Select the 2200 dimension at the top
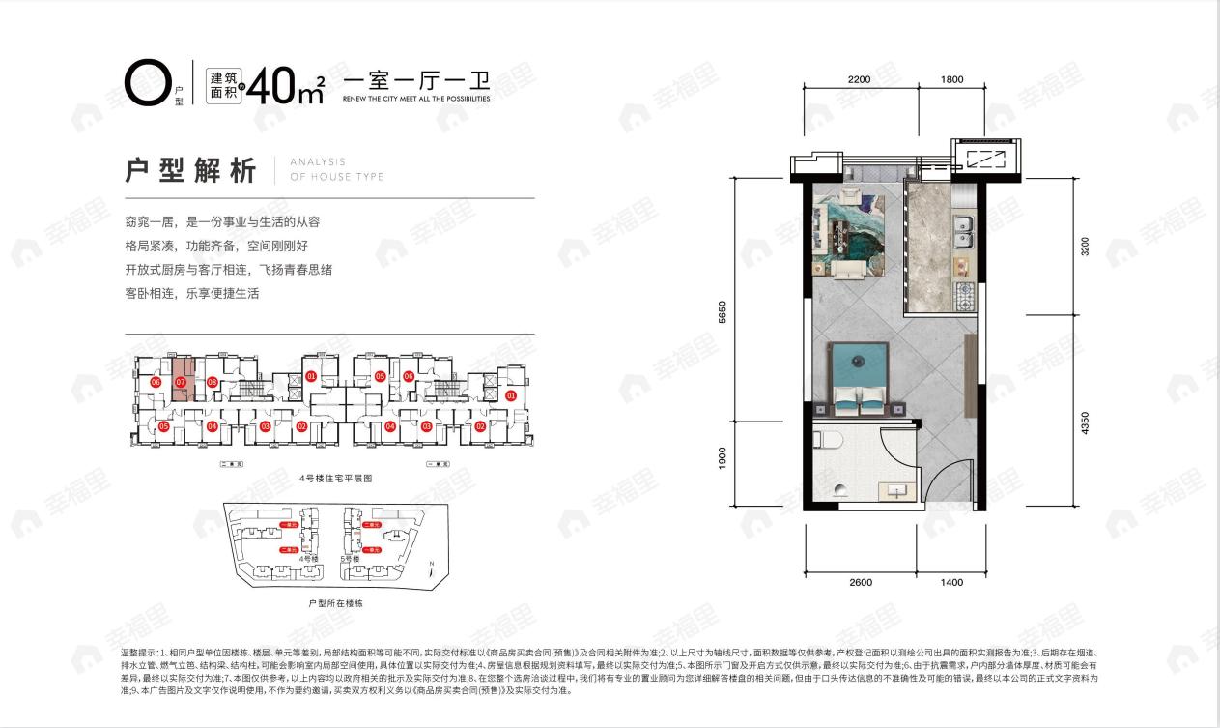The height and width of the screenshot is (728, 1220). (x=853, y=79)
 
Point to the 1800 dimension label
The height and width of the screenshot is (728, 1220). (x=951, y=79)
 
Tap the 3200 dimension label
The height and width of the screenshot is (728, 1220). (x=1086, y=247)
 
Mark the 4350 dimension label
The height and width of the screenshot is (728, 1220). (x=1086, y=422)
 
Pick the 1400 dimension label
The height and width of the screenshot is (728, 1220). (x=951, y=582)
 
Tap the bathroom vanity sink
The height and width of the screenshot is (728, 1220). (x=898, y=491)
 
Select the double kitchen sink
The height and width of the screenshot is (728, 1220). (x=962, y=228)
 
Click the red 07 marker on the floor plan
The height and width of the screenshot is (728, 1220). (x=181, y=381)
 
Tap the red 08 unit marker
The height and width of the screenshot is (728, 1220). (x=212, y=382)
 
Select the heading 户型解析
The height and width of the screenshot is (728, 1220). (x=191, y=170)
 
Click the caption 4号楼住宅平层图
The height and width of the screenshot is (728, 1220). (x=335, y=478)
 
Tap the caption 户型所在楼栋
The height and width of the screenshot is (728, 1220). (x=334, y=602)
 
